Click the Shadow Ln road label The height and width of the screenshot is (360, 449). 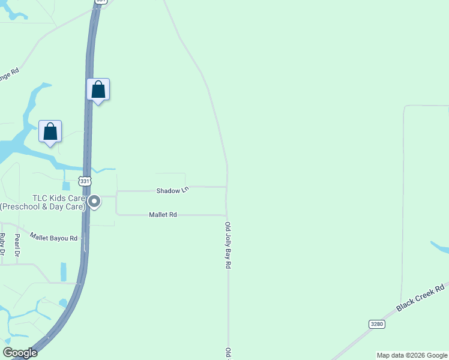coord(172,191)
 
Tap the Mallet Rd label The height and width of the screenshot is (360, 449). coord(163,214)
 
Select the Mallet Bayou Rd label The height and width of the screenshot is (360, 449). coord(53,238)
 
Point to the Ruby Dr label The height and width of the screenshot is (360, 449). coord(2,244)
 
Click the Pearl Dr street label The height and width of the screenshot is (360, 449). coord(17,246)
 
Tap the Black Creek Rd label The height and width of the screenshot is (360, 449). coord(422,297)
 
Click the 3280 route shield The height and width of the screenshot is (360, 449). coord(376,323)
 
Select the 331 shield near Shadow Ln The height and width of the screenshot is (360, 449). coord(85,181)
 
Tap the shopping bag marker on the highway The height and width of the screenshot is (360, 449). coord(98,90)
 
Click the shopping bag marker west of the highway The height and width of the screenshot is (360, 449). coord(50,131)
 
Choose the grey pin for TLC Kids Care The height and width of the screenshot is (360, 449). coord(94,202)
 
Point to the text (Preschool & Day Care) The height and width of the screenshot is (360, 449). coord(42,207)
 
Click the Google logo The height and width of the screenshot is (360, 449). coord(20,353)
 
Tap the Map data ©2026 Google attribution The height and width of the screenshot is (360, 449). coord(412,355)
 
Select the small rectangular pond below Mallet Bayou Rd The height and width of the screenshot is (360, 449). coord(64,271)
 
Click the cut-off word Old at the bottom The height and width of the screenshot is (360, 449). coord(228,353)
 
